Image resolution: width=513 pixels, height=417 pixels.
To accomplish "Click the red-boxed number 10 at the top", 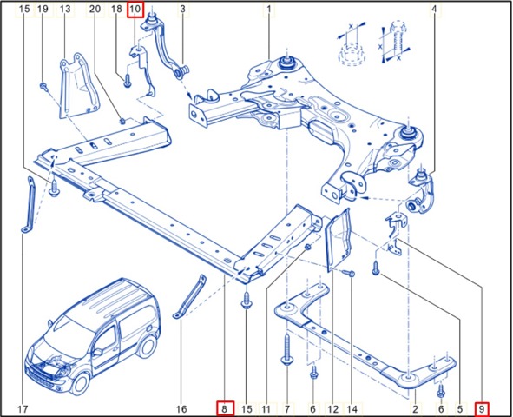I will [x=135, y=10].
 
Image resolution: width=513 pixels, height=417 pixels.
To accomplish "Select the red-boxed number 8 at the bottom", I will [x=225, y=407].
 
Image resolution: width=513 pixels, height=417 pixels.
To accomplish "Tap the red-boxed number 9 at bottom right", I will [x=483, y=407].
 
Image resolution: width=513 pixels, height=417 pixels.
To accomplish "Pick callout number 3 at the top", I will [x=182, y=10].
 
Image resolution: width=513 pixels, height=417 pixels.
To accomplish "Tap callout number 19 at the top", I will [x=42, y=10].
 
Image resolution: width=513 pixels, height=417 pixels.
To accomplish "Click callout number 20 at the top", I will [x=94, y=10].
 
